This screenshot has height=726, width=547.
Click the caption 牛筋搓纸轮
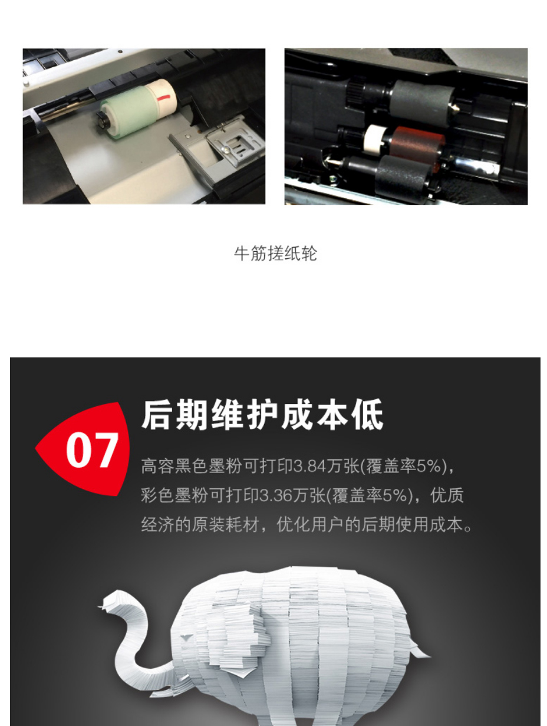(275, 254)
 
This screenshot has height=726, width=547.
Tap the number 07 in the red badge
(92, 450)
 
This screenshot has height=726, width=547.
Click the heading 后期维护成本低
(262, 415)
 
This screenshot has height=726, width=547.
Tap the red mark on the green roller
(163, 98)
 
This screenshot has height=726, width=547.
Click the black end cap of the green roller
(103, 120)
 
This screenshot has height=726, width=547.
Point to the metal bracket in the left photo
(218, 146)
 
